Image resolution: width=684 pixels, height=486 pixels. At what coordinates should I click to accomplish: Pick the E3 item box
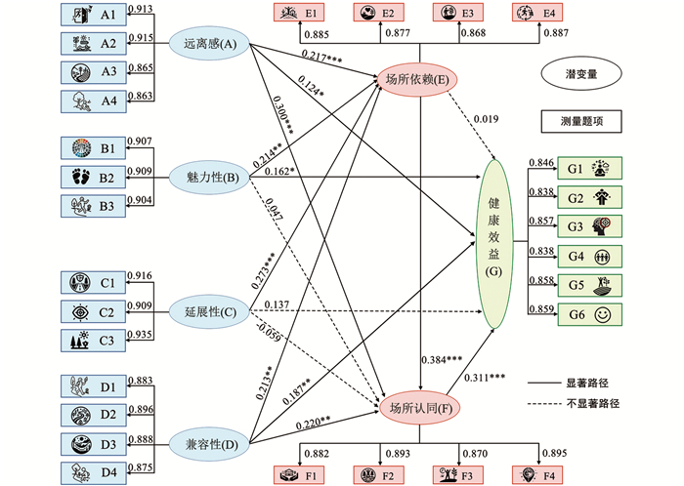(456, 13)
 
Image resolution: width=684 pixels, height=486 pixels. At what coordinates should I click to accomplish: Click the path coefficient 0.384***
(441, 359)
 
